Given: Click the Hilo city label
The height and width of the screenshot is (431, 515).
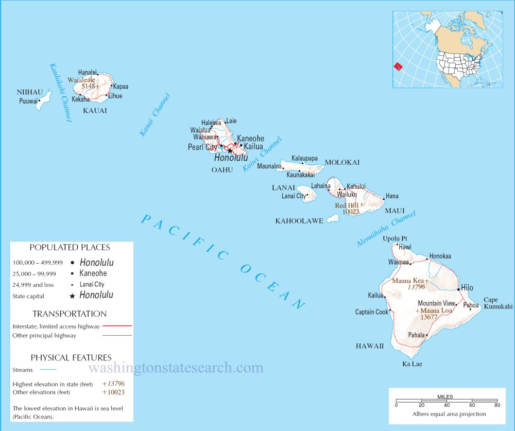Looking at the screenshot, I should (x=467, y=288).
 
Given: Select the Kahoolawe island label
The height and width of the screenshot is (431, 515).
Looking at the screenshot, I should (x=299, y=221).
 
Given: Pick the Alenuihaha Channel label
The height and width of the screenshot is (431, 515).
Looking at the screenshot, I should (x=386, y=229).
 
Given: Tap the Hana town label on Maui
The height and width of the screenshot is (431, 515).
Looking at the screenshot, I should (x=392, y=196).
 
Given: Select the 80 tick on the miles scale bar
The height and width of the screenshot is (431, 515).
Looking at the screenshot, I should (x=497, y=406).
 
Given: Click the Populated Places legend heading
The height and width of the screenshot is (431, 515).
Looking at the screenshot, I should (x=70, y=248).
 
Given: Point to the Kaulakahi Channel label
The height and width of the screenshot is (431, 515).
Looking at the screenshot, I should (x=61, y=93).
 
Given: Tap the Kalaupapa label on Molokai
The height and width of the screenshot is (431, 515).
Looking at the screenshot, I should (x=304, y=158).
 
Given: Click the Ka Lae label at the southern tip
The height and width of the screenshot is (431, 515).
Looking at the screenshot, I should (x=413, y=365).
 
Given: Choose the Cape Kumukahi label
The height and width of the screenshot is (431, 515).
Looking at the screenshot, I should (x=497, y=303).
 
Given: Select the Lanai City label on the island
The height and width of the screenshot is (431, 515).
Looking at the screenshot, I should (x=293, y=196).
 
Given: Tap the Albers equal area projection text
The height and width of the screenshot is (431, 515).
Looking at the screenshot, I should (x=449, y=413).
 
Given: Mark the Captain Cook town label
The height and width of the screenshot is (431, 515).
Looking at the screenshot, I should (x=371, y=312).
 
